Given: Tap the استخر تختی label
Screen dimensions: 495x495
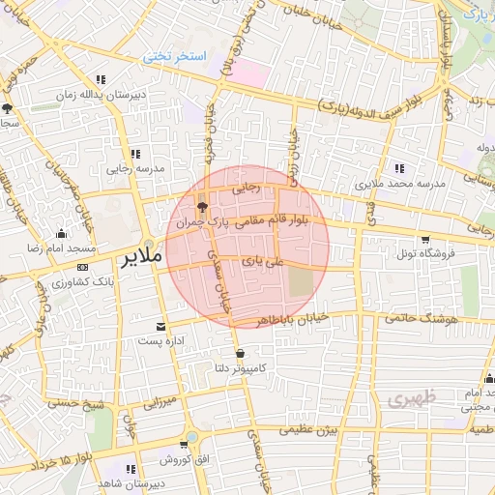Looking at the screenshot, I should point(176,57).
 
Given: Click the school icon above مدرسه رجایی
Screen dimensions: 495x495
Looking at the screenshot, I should point(135,153).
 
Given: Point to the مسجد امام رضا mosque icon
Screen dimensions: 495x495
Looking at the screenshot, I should point(62,233).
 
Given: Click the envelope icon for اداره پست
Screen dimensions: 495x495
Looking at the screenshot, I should point(160,326).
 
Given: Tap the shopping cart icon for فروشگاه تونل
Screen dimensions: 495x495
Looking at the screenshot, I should point(425,239).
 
